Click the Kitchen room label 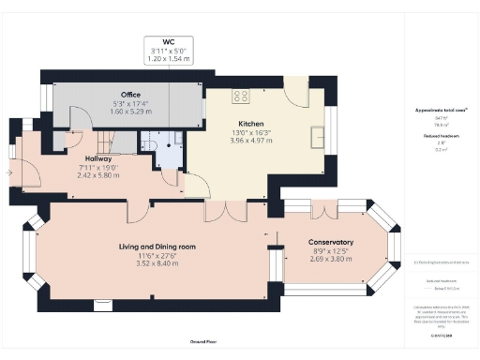(250, 124)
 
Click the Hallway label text (98, 159)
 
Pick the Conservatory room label (331, 242)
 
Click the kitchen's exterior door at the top (297, 92)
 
